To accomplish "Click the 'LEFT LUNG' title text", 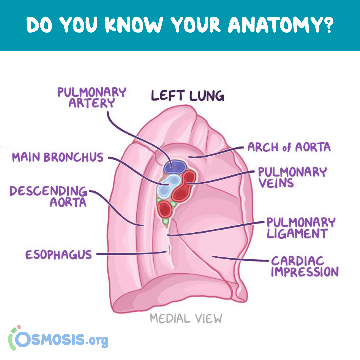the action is (188, 96).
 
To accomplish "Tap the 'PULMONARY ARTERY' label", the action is (92, 97).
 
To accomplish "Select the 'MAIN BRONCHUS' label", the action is (58, 157).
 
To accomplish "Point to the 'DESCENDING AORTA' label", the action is (48, 197).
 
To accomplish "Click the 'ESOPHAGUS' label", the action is (59, 255).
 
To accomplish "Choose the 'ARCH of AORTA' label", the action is (289, 147).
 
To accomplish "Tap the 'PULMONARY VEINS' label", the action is (292, 177).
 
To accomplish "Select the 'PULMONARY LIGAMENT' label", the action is (301, 228).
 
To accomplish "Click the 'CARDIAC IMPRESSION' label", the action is (305, 266).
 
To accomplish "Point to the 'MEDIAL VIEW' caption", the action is (186, 318).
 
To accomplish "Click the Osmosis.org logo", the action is (58, 338).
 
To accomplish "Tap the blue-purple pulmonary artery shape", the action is (174, 167).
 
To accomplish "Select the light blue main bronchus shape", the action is (168, 186).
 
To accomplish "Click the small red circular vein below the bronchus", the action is (165, 209).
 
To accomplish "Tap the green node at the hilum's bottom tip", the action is (166, 222).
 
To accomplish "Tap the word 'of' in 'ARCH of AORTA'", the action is (287, 147).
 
